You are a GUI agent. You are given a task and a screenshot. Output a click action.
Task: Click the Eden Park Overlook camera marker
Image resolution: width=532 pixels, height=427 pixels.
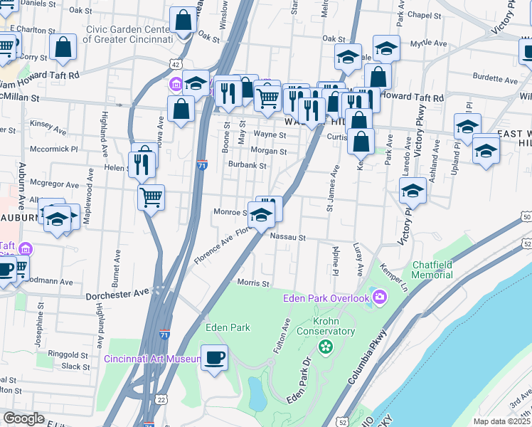(381, 297)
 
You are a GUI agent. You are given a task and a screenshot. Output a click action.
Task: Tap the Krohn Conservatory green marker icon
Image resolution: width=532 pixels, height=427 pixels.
(326, 347)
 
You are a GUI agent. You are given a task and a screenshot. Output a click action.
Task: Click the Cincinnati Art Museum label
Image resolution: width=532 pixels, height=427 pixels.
(151, 359)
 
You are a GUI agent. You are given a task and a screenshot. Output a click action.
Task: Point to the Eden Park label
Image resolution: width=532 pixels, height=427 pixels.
(228, 327)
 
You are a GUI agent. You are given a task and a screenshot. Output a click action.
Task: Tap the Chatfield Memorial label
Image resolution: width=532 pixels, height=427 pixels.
(432, 270)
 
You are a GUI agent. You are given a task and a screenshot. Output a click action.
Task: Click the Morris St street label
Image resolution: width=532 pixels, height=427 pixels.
(253, 283)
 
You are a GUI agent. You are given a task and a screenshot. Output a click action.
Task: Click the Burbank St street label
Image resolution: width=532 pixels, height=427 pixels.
(247, 166)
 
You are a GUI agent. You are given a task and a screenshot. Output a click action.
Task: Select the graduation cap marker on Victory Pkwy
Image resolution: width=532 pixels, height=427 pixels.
(413, 190)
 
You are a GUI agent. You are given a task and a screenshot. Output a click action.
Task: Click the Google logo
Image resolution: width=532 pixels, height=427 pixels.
(23, 418)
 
